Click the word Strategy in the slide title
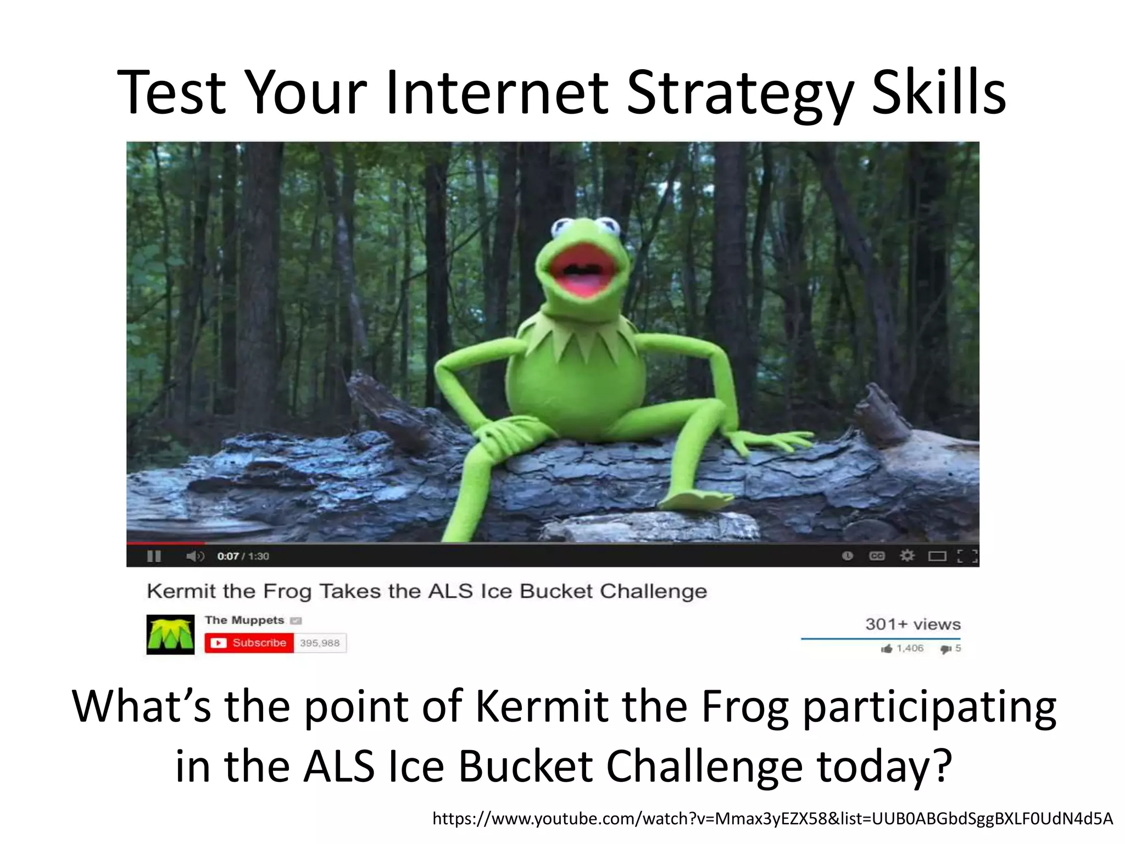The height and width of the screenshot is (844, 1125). click(740, 93)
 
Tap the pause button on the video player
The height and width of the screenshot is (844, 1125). click(154, 556)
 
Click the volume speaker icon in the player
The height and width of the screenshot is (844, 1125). click(194, 556)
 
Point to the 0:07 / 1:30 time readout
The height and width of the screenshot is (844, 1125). click(243, 556)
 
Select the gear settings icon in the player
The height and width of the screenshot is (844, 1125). click(907, 556)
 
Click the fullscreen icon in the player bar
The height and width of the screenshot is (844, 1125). click(967, 556)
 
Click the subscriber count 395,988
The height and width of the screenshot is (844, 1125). click(320, 643)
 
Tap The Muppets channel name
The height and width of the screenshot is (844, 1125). click(244, 620)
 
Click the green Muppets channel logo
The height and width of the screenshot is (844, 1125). click(170, 635)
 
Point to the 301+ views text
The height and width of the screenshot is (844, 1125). click(912, 624)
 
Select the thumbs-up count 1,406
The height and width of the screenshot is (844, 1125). click(910, 648)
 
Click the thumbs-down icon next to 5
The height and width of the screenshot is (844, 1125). click(945, 649)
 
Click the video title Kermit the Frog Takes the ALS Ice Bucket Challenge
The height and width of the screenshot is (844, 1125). click(427, 591)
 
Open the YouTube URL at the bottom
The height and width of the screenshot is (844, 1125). click(772, 819)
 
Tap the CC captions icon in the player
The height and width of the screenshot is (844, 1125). click(877, 556)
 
